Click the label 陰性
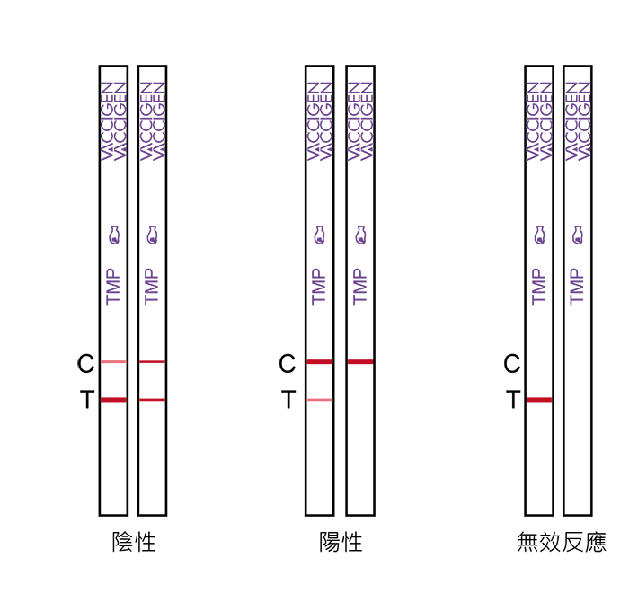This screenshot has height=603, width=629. [134, 543]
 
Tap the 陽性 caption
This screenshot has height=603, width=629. [341, 543]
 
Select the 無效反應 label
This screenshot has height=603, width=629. [562, 543]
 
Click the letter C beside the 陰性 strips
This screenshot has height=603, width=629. [85, 364]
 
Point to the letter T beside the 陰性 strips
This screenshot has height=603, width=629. [87, 399]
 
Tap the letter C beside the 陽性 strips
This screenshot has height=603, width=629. [287, 364]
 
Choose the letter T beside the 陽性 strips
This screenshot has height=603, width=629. [288, 399]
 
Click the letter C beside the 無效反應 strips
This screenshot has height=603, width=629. [511, 364]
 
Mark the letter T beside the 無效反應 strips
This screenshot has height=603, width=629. [513, 399]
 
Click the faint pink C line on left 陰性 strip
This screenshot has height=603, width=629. [113, 362]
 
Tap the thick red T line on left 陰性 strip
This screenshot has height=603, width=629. [113, 400]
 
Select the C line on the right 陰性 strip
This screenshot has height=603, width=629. [152, 362]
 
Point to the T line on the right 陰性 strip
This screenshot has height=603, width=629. [152, 400]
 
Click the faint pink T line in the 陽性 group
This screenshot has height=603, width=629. [320, 400]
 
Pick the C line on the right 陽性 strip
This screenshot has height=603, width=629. [360, 362]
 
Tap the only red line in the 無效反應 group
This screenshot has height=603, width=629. [539, 400]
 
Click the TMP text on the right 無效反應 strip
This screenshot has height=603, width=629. [577, 287]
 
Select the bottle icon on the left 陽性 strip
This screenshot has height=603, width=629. [319, 235]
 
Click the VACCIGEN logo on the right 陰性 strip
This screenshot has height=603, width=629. [153, 121]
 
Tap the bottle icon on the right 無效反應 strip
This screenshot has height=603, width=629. [577, 235]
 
